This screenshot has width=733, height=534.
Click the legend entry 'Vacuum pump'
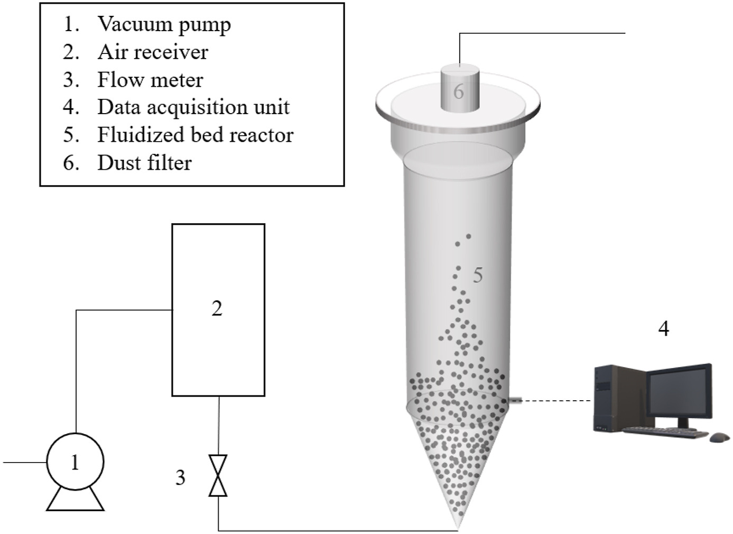164,24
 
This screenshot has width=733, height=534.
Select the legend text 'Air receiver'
153,52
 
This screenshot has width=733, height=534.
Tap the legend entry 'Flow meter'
150,80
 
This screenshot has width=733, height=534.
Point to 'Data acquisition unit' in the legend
193,107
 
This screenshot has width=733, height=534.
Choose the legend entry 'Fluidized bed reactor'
195,135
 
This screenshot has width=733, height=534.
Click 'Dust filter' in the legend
144,163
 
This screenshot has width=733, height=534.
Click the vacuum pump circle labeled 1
75,462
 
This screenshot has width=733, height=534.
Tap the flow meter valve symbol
218,475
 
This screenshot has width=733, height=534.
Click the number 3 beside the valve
180,477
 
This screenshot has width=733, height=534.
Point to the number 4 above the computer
663,329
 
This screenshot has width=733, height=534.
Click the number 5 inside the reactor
477,275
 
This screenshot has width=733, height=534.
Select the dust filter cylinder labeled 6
459,89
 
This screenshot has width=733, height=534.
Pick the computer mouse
719,437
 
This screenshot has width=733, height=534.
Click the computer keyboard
666,432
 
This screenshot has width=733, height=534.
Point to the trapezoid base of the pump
75,500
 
